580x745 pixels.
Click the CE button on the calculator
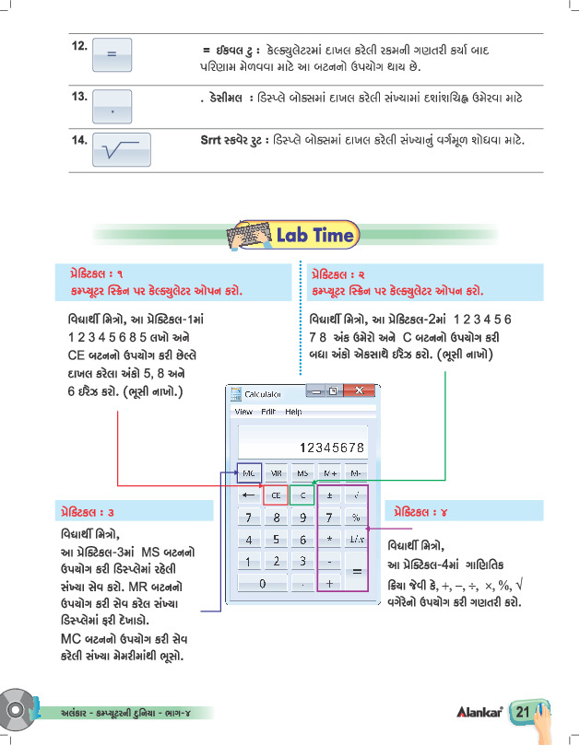coord(276,495)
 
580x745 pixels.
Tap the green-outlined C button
coord(302,495)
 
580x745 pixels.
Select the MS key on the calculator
coord(302,473)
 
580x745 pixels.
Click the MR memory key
coord(276,473)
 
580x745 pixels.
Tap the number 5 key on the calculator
coord(276,540)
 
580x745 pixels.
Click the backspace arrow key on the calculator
coord(249,495)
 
